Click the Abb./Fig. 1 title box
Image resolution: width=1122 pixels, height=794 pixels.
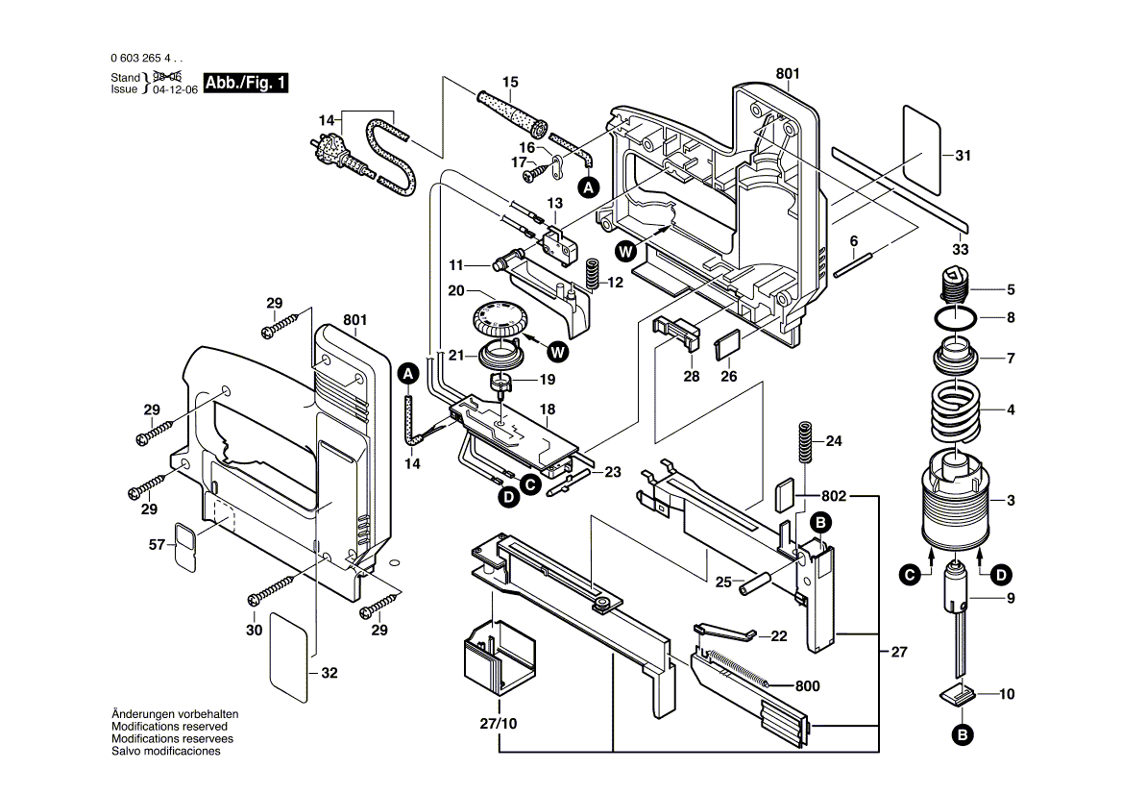click(x=246, y=83)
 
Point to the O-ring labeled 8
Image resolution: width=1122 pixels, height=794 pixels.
click(x=955, y=318)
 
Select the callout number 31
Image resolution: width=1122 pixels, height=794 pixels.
click(x=963, y=155)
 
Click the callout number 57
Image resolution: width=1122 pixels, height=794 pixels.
click(x=156, y=545)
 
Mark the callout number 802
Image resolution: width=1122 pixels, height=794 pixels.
click(x=833, y=496)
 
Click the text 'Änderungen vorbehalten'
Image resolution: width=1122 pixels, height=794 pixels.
click(x=175, y=714)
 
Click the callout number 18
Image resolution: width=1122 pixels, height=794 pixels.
click(x=548, y=409)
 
